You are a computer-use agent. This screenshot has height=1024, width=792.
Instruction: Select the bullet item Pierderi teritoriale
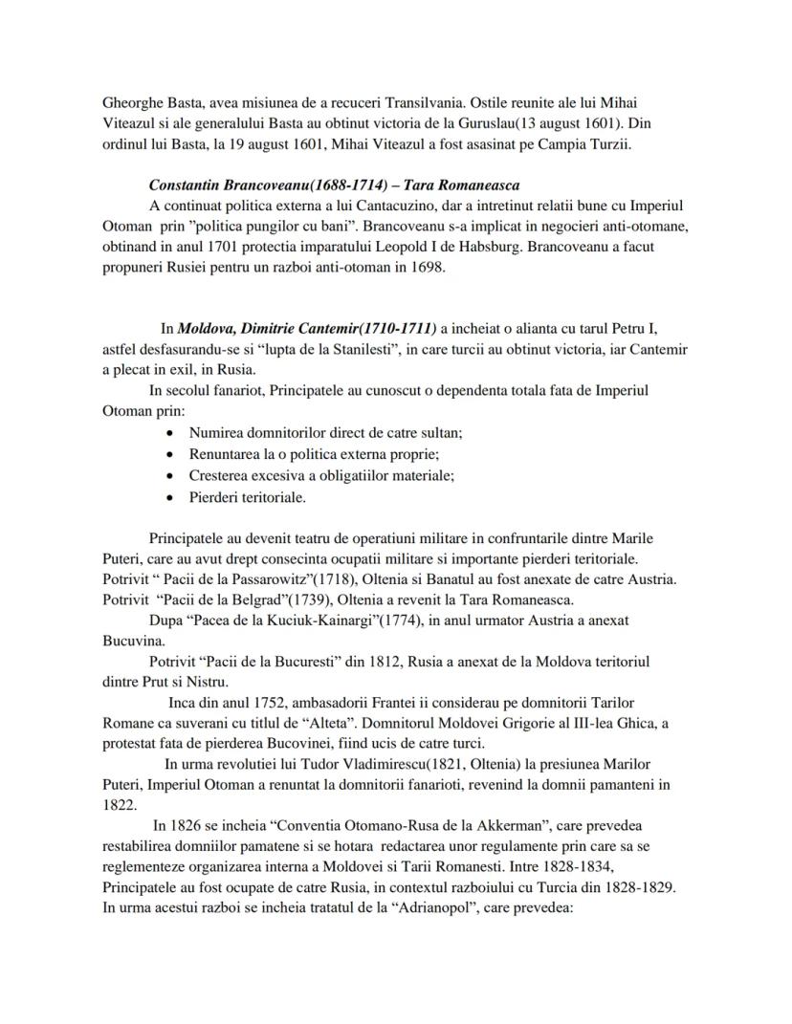(247, 497)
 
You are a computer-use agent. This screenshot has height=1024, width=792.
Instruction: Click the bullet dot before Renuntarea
(169, 454)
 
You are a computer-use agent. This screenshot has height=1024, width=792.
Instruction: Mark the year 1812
(364, 661)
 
